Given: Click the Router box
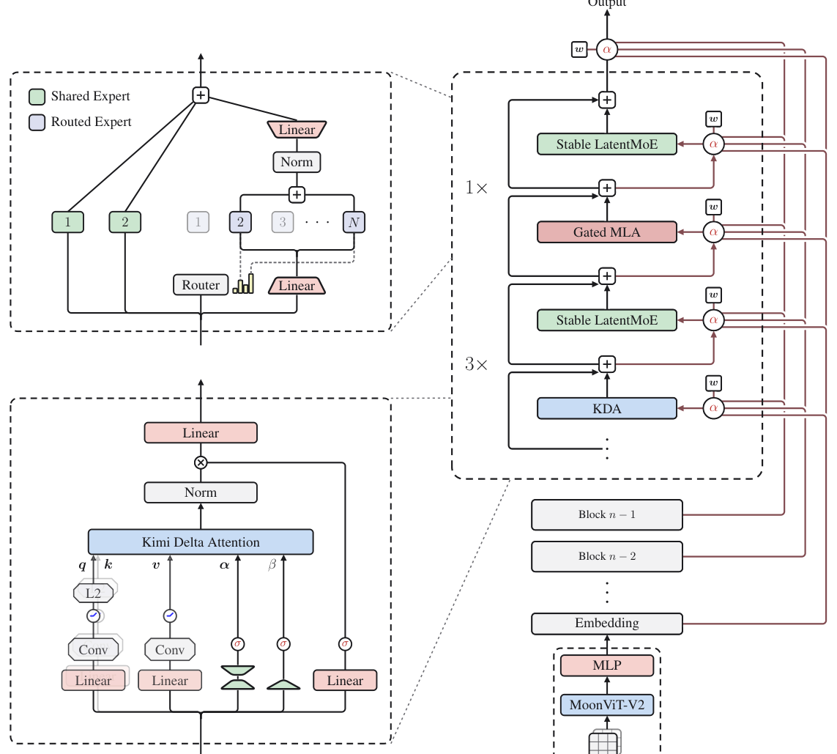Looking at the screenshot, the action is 201,284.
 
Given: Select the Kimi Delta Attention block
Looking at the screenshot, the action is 201,542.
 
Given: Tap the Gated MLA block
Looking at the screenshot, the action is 607,232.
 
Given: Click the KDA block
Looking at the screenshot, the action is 607,408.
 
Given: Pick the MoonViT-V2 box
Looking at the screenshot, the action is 607,705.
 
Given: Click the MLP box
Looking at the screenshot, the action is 607,665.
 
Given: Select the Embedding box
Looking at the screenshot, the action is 607,624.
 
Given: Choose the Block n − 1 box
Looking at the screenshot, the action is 607,515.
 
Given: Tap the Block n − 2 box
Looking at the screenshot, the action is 607,556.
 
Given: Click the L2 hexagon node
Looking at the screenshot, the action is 94,593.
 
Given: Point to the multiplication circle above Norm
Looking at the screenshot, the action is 201,462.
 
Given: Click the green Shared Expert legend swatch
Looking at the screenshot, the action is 37,97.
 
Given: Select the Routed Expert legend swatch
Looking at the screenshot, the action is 37,122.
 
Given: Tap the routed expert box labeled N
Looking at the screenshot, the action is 354,222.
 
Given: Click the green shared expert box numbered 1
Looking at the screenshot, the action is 68,222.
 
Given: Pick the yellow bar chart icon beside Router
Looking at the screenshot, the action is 243,284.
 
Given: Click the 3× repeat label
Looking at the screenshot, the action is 476,364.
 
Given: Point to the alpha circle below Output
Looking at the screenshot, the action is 607,50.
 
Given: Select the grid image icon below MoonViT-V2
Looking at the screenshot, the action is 605,742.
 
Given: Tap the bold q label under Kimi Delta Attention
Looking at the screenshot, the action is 82,566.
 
